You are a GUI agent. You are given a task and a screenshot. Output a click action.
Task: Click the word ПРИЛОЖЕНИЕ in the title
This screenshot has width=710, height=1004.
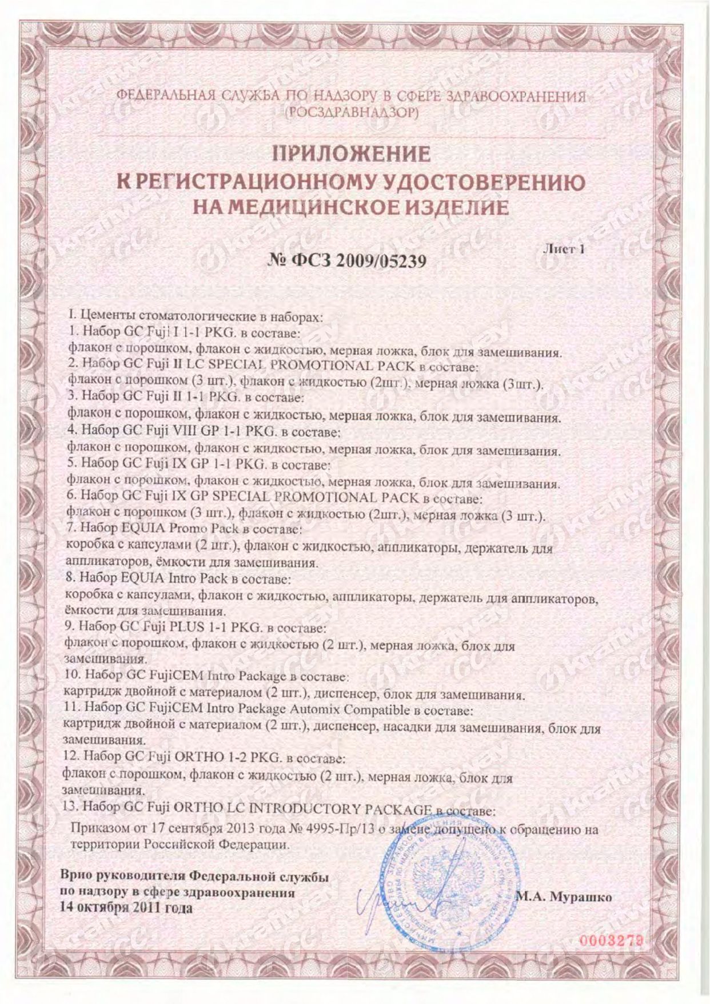tap(351, 154)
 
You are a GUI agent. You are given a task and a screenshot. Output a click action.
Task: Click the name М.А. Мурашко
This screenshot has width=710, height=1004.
tap(564, 897)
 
